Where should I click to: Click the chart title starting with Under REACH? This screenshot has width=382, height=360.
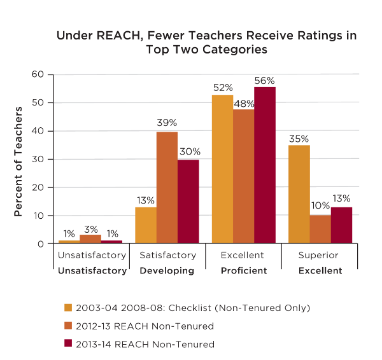[x=206, y=42]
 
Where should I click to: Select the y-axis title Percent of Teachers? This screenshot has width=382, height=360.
[x=19, y=162]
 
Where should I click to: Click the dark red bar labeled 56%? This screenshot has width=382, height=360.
[x=264, y=165]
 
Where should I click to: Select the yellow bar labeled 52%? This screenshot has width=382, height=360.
[x=222, y=169]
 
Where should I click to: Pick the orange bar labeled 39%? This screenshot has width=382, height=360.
[x=167, y=188]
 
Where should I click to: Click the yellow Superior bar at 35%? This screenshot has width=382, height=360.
[x=299, y=194]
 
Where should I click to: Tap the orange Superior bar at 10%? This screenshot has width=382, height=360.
[x=320, y=229]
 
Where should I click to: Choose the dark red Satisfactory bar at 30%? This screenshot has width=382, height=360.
[x=188, y=201]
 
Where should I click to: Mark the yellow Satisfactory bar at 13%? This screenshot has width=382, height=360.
[x=146, y=225]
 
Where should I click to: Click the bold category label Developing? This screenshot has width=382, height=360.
[x=167, y=271]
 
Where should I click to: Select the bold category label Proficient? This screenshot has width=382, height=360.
[x=243, y=271]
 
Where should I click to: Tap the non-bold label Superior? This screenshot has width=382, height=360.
[x=319, y=256]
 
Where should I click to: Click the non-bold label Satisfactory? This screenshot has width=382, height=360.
[x=167, y=256]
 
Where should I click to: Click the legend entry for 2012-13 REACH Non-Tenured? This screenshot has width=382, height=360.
[x=145, y=326]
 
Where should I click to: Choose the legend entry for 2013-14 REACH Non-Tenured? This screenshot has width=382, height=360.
[x=145, y=344]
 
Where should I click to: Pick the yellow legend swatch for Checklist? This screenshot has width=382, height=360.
[x=68, y=308]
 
